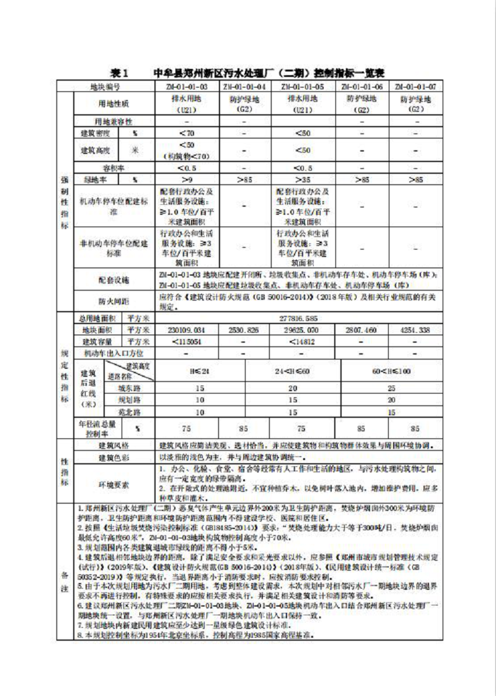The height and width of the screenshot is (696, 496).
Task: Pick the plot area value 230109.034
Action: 188,330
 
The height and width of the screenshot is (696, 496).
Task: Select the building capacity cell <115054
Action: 188,341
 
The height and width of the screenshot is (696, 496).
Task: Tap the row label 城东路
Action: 129,387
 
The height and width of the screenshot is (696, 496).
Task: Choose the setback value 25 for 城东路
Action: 391,387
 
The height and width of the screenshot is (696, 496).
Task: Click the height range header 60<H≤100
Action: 391,371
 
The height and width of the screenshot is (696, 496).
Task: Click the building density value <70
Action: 188,133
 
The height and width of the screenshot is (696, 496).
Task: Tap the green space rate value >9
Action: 188,179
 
